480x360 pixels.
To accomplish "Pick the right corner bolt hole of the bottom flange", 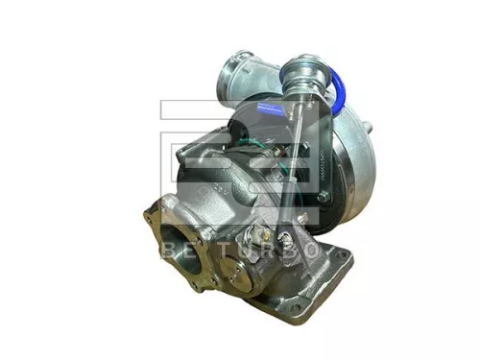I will (338, 272).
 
